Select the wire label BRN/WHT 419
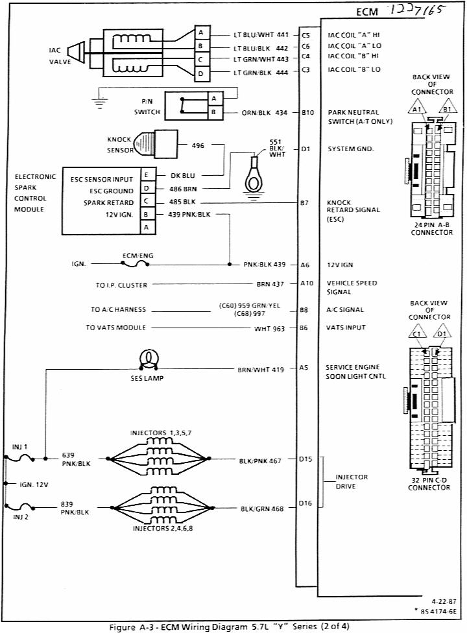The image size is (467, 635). (x=261, y=369)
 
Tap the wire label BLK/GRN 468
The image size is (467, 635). (x=261, y=509)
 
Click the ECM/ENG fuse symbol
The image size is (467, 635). (x=138, y=265)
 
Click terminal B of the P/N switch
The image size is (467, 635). (x=213, y=112)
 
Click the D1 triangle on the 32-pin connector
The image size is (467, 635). (x=442, y=335)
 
